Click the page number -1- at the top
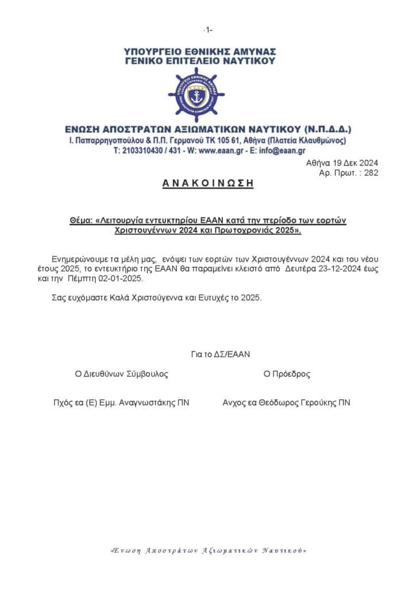pyautogui.click(x=208, y=29)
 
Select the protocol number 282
pyautogui.click(x=371, y=173)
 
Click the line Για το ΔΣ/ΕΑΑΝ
pyautogui.click(x=221, y=354)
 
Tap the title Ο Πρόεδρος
pyautogui.click(x=287, y=374)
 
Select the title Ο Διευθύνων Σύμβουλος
pyautogui.click(x=122, y=374)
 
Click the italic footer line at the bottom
pyautogui.click(x=208, y=550)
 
